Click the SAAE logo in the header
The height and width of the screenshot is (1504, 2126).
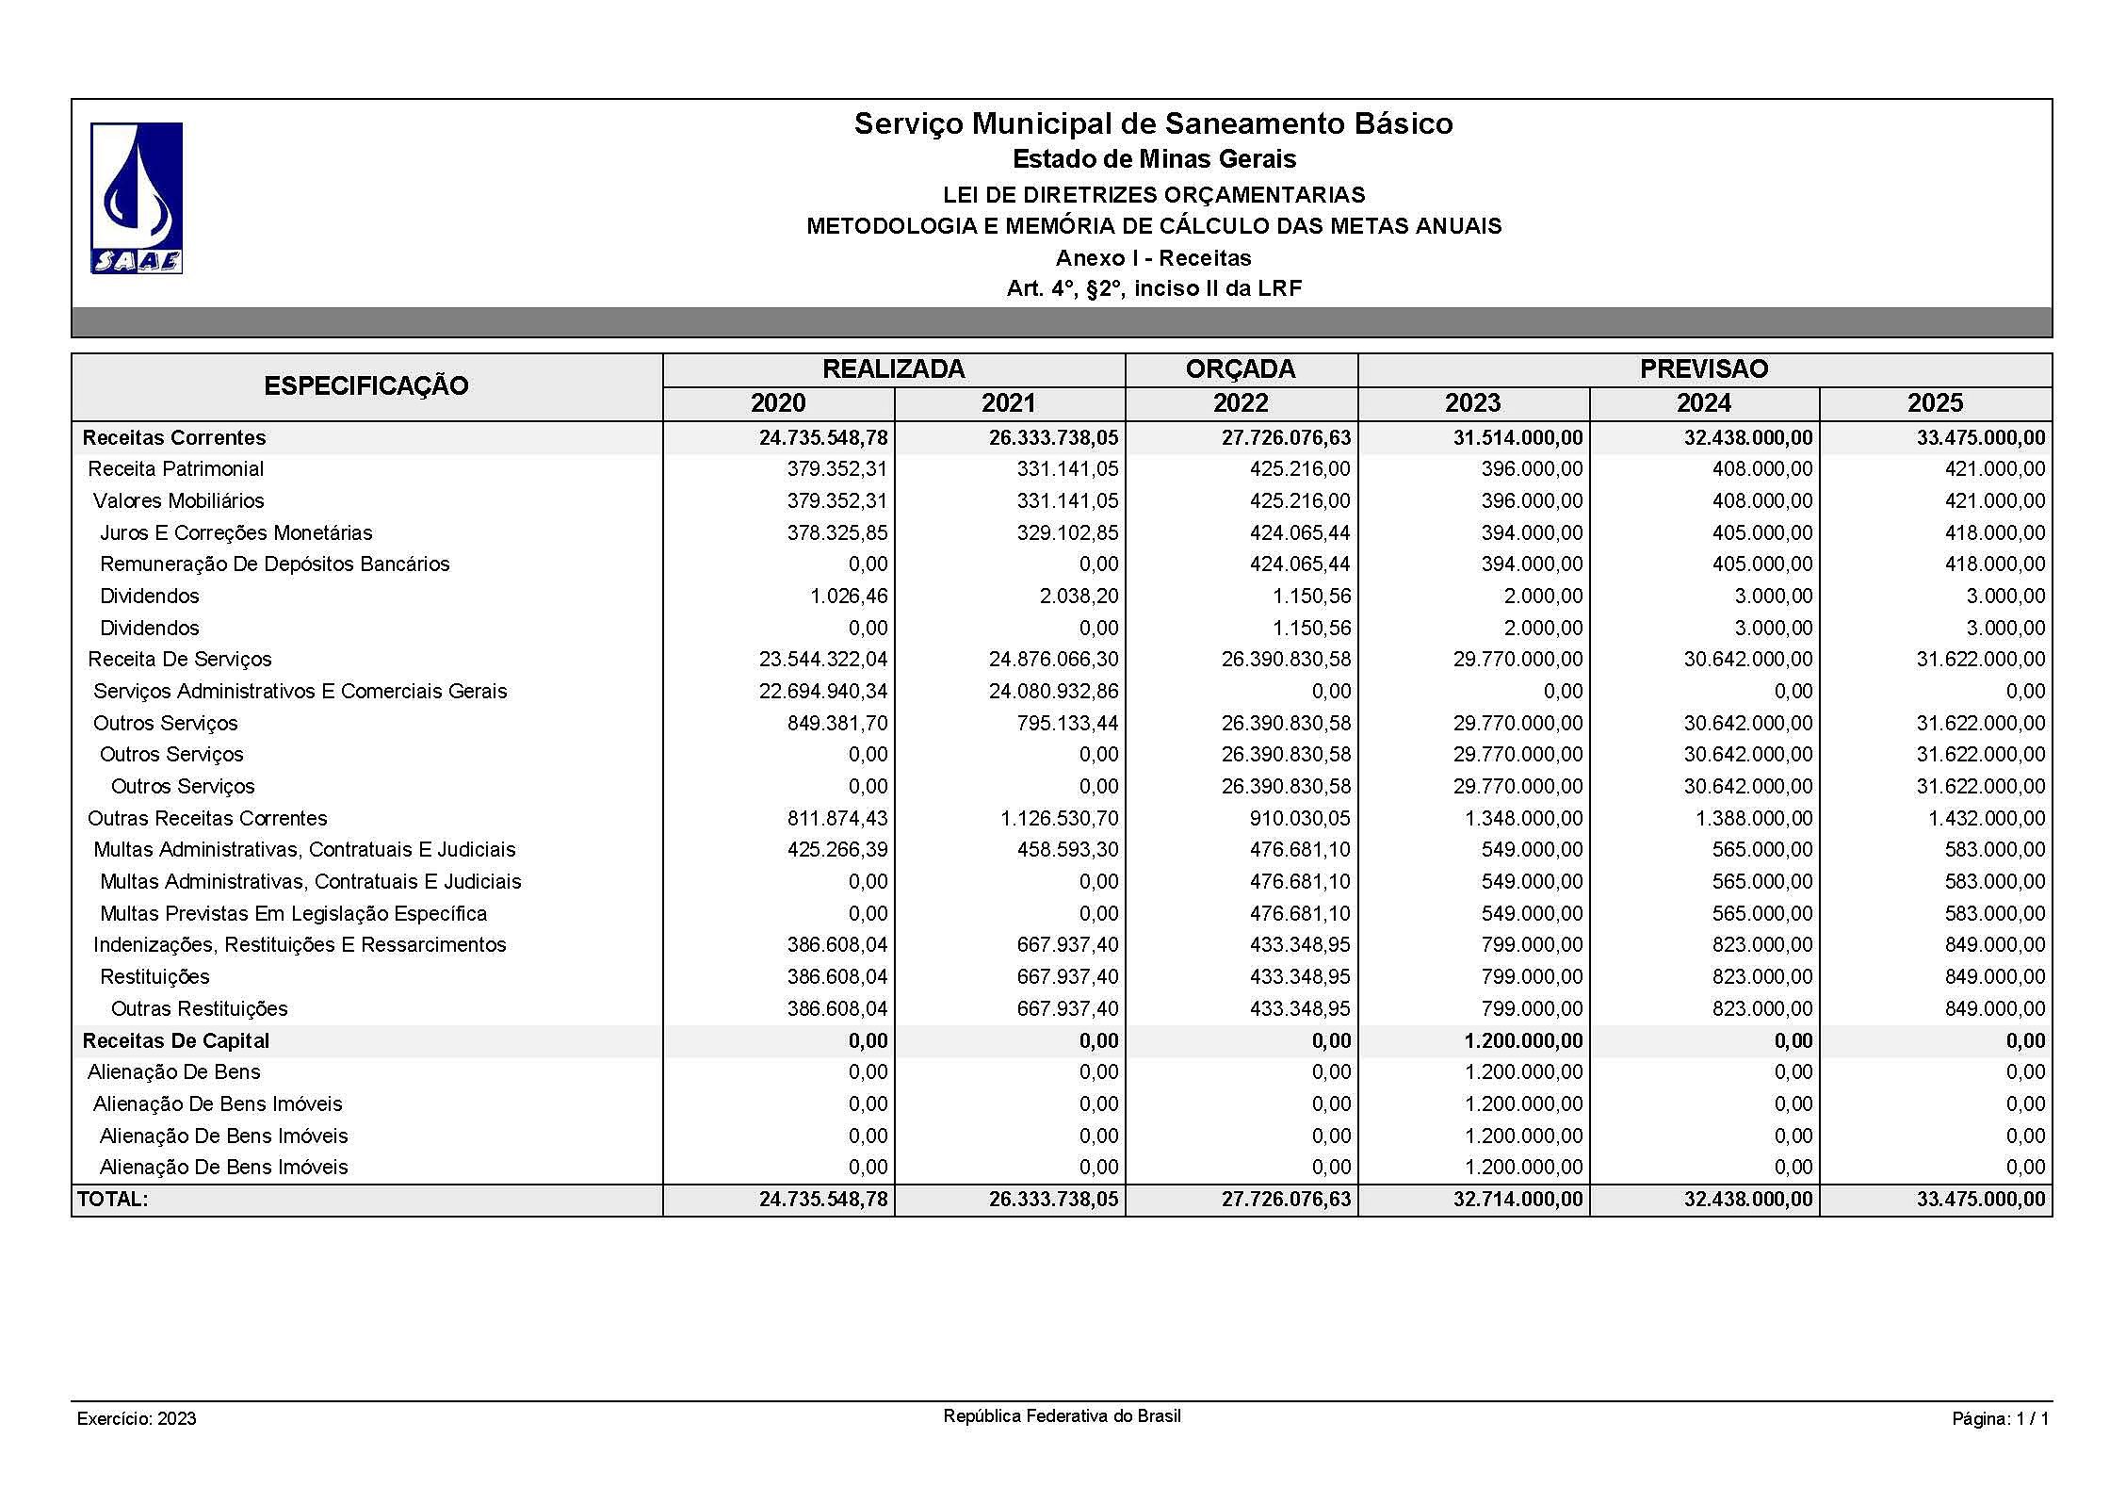click(x=137, y=199)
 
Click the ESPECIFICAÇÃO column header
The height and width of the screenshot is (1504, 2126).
click(x=366, y=386)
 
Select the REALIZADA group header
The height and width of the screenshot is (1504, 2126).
click(x=893, y=369)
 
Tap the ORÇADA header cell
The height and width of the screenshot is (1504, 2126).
click(x=1240, y=369)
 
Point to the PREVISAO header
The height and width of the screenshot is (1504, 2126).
click(x=1703, y=369)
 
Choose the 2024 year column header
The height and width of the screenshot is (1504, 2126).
click(x=1703, y=403)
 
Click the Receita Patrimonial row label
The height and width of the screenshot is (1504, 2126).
click(x=176, y=469)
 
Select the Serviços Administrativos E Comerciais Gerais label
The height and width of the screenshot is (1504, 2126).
click(x=300, y=692)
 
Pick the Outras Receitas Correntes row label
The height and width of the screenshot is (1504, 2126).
click(x=207, y=818)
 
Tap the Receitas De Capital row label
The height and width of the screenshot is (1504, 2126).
click(x=176, y=1040)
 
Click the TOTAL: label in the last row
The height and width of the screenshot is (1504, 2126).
click(x=113, y=1200)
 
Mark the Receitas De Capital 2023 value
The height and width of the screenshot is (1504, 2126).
click(x=1523, y=1041)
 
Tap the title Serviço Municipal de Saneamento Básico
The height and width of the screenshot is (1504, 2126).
click(x=1153, y=123)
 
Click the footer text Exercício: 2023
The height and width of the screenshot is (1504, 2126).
click(x=137, y=1419)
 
